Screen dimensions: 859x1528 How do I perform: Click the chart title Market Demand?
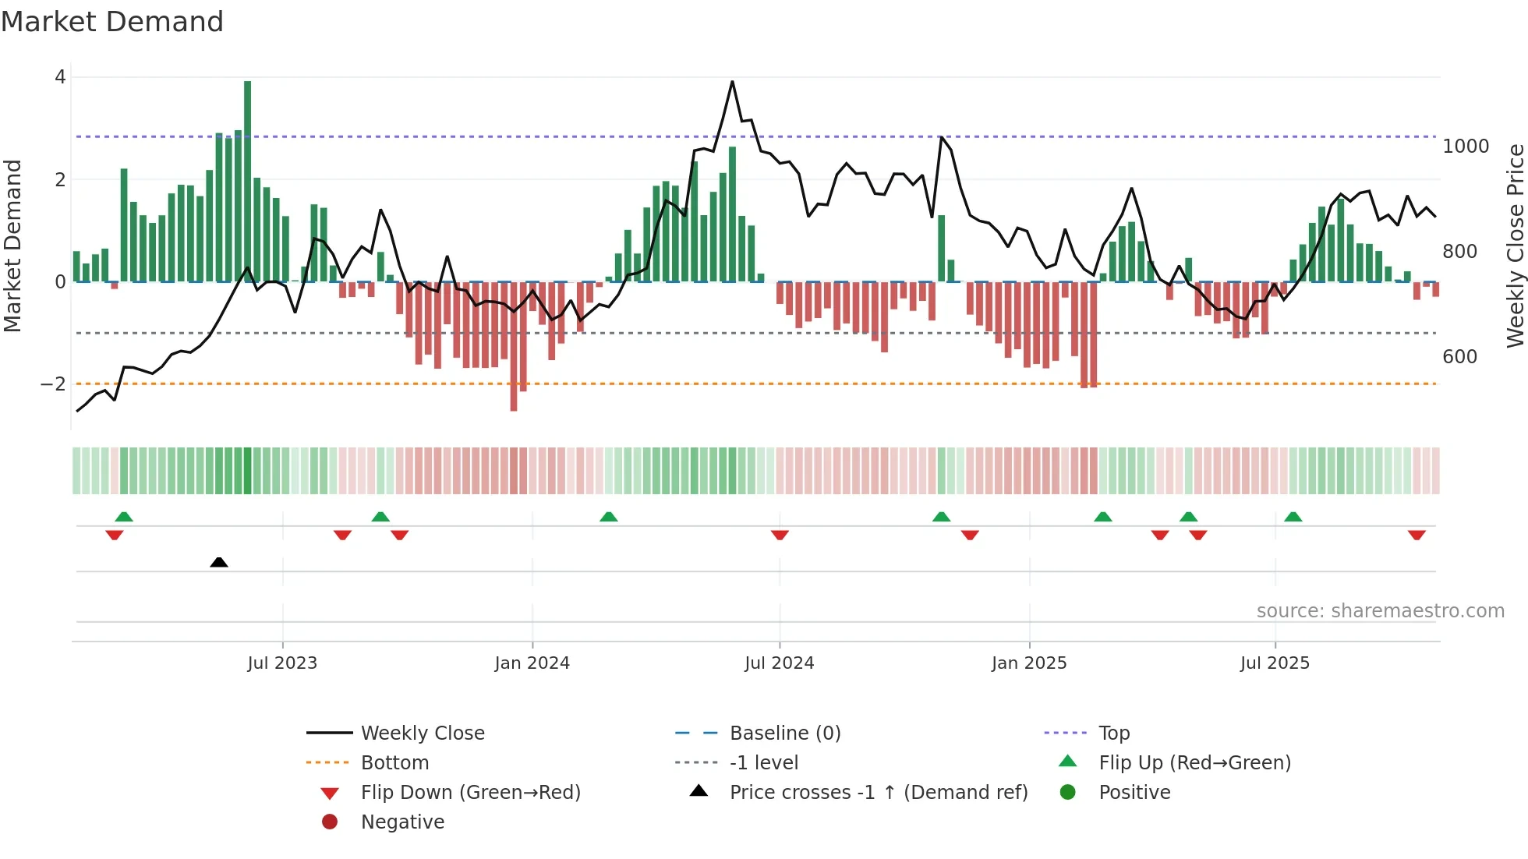pyautogui.click(x=112, y=22)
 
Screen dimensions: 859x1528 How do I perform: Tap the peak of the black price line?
pyautogui.click(x=732, y=82)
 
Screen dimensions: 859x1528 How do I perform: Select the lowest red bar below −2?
pyautogui.click(x=514, y=347)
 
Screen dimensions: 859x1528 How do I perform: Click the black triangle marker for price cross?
pyautogui.click(x=219, y=562)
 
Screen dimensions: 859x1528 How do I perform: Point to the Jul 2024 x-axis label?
pyautogui.click(x=779, y=663)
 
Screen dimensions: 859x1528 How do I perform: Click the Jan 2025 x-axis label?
pyautogui.click(x=1029, y=663)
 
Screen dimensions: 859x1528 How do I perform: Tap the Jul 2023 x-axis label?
pyautogui.click(x=282, y=663)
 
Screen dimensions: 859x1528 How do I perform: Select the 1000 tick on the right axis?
pyautogui.click(x=1466, y=147)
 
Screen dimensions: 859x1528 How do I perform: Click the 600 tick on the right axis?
pyautogui.click(x=1459, y=357)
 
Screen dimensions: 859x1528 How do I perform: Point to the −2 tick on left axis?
pyautogui.click(x=53, y=384)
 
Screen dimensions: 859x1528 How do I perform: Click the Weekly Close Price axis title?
pyautogui.click(x=1515, y=246)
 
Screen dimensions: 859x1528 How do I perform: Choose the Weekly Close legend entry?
pyautogui.click(x=423, y=734)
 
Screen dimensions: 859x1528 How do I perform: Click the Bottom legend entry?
pyautogui.click(x=394, y=763)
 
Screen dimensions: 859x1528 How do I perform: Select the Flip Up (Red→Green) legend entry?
pyautogui.click(x=1194, y=763)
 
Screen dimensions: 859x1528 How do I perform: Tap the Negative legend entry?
pyautogui.click(x=402, y=822)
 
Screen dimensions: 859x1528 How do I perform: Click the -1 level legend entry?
pyautogui.click(x=764, y=763)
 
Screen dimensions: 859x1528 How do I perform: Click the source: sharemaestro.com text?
pyautogui.click(x=1380, y=611)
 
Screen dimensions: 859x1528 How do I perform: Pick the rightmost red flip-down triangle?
pyautogui.click(x=1417, y=535)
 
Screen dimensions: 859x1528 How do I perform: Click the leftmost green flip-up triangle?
pyautogui.click(x=124, y=517)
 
